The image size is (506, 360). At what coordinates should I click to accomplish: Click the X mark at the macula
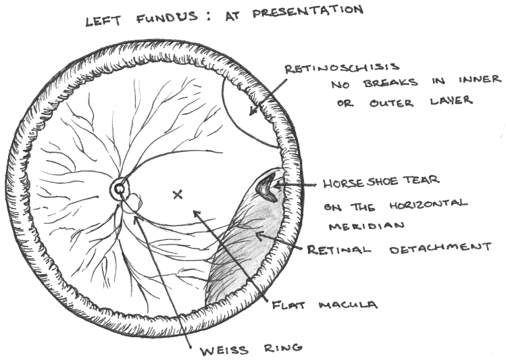178,195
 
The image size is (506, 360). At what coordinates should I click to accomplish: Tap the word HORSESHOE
358,182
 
